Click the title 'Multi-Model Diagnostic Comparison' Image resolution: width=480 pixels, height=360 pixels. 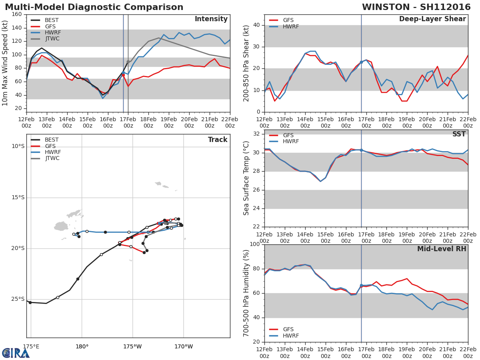coord(94,7)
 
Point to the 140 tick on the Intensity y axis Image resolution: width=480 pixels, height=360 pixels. coord(17,28)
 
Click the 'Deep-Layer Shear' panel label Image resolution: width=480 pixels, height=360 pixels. coord(432,19)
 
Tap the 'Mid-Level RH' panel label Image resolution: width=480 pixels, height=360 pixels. coord(442,249)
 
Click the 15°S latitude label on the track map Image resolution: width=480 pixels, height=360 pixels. coord(18,197)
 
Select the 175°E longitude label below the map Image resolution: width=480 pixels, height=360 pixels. coord(31,346)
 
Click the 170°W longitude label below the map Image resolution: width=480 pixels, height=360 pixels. coord(184,346)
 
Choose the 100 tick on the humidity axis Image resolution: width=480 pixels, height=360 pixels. coord(254,244)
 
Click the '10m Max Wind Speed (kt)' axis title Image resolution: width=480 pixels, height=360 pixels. coord(5,63)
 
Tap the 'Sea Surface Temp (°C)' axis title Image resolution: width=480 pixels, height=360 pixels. coord(246,178)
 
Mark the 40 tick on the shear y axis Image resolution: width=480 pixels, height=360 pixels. coord(256,25)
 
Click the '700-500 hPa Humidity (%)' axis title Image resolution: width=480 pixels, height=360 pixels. coord(246,293)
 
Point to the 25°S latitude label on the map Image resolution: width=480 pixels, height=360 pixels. coord(18,299)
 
